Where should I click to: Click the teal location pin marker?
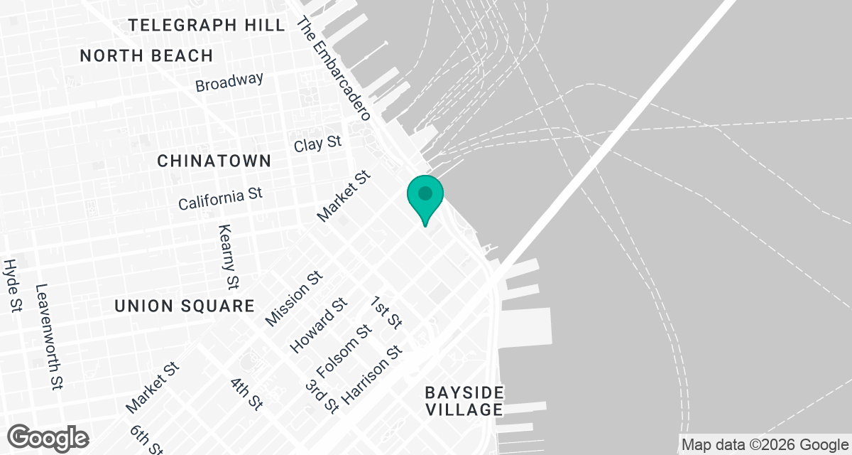425,196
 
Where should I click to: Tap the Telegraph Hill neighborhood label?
207,26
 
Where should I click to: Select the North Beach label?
146,55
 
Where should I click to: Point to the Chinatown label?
214,161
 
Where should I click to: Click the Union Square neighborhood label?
185,306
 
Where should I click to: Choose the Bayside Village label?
464,401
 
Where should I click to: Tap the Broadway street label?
229,82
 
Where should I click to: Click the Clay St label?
318,144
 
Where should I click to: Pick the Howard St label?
318,326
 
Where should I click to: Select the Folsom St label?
344,352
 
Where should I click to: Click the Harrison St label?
372,375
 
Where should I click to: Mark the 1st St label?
386,313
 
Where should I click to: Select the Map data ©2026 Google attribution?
765,445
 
